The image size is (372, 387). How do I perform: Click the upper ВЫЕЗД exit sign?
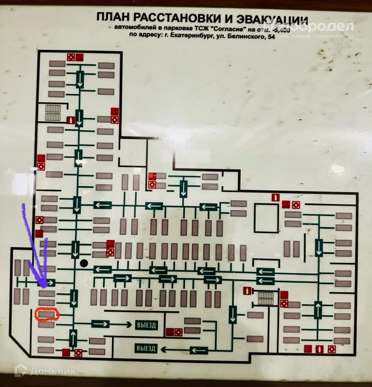146,325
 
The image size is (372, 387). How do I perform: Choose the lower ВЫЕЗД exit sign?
146,348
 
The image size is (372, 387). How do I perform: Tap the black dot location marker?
84,263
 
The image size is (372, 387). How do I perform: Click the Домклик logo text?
52,371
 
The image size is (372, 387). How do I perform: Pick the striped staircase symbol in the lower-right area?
266,298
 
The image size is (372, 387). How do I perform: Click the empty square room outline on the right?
266,218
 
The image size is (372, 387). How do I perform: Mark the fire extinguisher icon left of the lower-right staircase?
247,291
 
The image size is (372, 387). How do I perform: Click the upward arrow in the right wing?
318,310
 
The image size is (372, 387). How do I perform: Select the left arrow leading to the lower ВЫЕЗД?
199,350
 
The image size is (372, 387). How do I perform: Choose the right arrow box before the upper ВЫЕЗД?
100,324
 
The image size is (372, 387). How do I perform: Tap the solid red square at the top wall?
80,57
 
